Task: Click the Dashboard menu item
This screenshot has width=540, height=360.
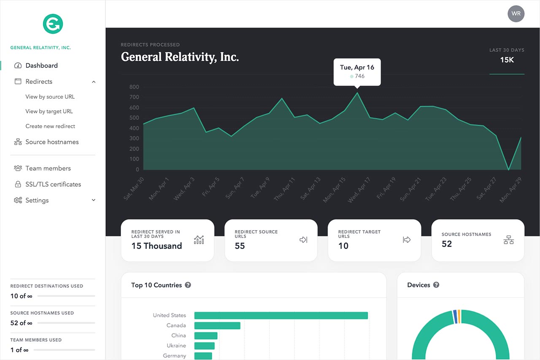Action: coord(41,65)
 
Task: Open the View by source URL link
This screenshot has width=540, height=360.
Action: coord(50,97)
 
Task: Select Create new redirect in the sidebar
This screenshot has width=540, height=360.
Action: coord(50,126)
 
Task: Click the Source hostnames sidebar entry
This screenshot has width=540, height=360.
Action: coord(52,142)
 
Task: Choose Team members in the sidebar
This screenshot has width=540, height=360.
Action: coord(48,168)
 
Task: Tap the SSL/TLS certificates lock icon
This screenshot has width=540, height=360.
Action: coord(18,184)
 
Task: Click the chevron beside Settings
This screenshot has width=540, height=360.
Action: coord(94,200)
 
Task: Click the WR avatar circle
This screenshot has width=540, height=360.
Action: coord(516,13)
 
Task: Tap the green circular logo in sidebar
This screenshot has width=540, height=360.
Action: coord(53,24)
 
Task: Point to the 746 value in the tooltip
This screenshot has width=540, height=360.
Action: coord(359,76)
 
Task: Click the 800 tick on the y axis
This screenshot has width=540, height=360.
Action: coord(134,87)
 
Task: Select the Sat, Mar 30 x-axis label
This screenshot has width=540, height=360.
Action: coord(134,188)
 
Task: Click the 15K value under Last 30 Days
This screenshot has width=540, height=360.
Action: coord(507,60)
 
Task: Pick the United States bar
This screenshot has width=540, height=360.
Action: coord(281,315)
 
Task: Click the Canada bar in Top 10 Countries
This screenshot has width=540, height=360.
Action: coord(217,325)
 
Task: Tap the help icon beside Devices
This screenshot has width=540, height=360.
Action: coord(436,285)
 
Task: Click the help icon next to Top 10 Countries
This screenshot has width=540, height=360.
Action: coord(188,285)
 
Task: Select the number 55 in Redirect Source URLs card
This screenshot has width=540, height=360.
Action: coord(240,246)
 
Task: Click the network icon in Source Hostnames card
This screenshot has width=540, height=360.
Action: coord(508,240)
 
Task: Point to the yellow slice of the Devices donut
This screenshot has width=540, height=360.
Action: coord(459,316)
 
